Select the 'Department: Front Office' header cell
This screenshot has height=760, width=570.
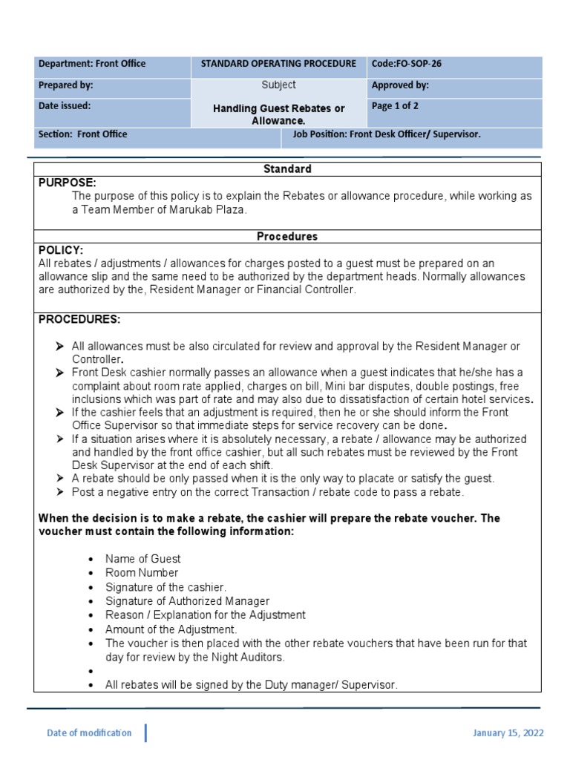pyautogui.click(x=92, y=64)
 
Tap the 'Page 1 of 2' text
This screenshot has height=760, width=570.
pyautogui.click(x=395, y=106)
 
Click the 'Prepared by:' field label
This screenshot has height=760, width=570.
pyautogui.click(x=66, y=85)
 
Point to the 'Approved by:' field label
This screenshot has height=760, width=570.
pyautogui.click(x=400, y=85)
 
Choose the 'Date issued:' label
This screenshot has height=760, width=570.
pyautogui.click(x=65, y=106)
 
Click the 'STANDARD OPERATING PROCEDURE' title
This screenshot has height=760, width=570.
pyautogui.click(x=278, y=64)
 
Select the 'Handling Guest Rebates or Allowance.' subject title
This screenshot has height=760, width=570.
pyautogui.click(x=279, y=114)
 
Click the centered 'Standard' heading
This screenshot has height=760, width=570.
pyautogui.click(x=287, y=169)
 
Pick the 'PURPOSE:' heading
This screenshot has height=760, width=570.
pyautogui.click(x=68, y=183)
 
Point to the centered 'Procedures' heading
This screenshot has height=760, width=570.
pyautogui.click(x=287, y=237)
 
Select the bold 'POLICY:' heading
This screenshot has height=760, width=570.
pyautogui.click(x=61, y=250)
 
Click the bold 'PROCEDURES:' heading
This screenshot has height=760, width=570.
pyautogui.click(x=79, y=319)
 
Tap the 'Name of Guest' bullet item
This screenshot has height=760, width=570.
pyautogui.click(x=142, y=559)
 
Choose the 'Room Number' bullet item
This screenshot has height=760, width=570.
pyautogui.click(x=142, y=573)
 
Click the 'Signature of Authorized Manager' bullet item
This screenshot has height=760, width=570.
pyautogui.click(x=187, y=601)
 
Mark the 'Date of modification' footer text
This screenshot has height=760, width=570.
pyautogui.click(x=89, y=733)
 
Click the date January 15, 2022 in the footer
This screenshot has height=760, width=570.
pyautogui.click(x=508, y=733)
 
